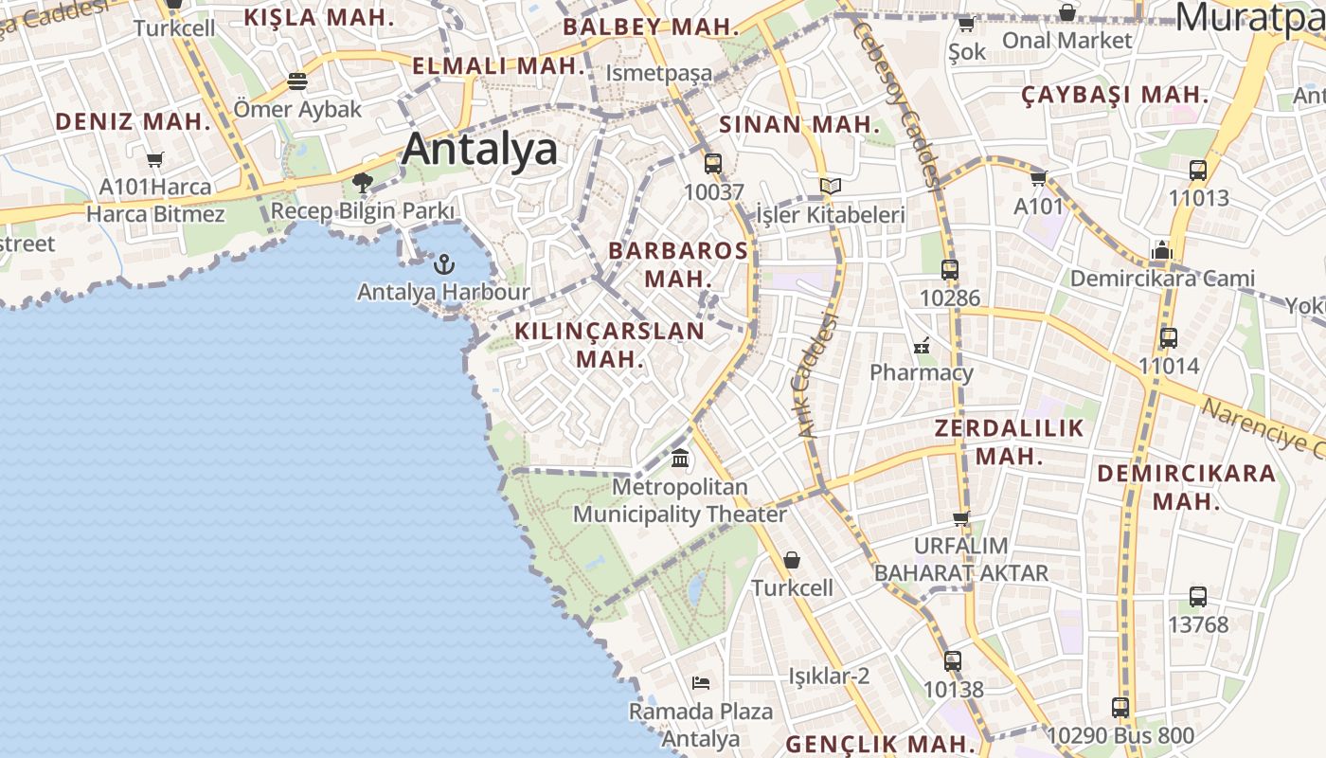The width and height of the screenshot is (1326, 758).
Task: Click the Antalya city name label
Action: pyautogui.click(x=479, y=150)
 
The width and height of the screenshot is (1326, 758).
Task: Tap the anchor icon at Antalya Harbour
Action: pyautogui.click(x=443, y=263)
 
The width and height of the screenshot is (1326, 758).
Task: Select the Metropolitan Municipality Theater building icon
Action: pyautogui.click(x=680, y=460)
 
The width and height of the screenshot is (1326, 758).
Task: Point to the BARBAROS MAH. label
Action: pyautogui.click(x=678, y=264)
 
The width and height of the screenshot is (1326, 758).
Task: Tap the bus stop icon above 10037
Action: pyautogui.click(x=713, y=163)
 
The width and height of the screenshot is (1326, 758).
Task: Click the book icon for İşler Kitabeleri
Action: pyautogui.click(x=831, y=186)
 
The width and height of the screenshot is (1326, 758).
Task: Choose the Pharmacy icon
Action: pyautogui.click(x=922, y=345)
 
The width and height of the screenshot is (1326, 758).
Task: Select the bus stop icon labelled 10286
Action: pyautogui.click(x=950, y=269)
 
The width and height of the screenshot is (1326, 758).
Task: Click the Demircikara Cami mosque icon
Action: pyautogui.click(x=1162, y=251)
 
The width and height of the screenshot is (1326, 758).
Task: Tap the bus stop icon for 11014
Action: pyautogui.click(x=1169, y=337)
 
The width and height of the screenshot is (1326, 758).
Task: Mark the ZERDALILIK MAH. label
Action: pyautogui.click(x=1009, y=442)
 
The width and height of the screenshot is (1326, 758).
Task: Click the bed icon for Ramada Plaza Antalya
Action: pyautogui.click(x=701, y=683)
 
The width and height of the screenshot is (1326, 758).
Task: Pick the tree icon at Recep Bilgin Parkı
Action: pyautogui.click(x=362, y=182)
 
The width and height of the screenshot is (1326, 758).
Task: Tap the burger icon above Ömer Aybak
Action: pyautogui.click(x=297, y=81)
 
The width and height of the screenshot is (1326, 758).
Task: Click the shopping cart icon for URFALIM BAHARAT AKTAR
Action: pyautogui.click(x=961, y=518)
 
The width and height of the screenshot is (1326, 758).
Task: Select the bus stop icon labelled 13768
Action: pyautogui.click(x=1198, y=597)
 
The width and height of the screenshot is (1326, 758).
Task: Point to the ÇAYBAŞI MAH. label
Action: pyautogui.click(x=1115, y=95)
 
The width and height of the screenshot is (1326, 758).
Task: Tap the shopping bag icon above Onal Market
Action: pyautogui.click(x=1067, y=12)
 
